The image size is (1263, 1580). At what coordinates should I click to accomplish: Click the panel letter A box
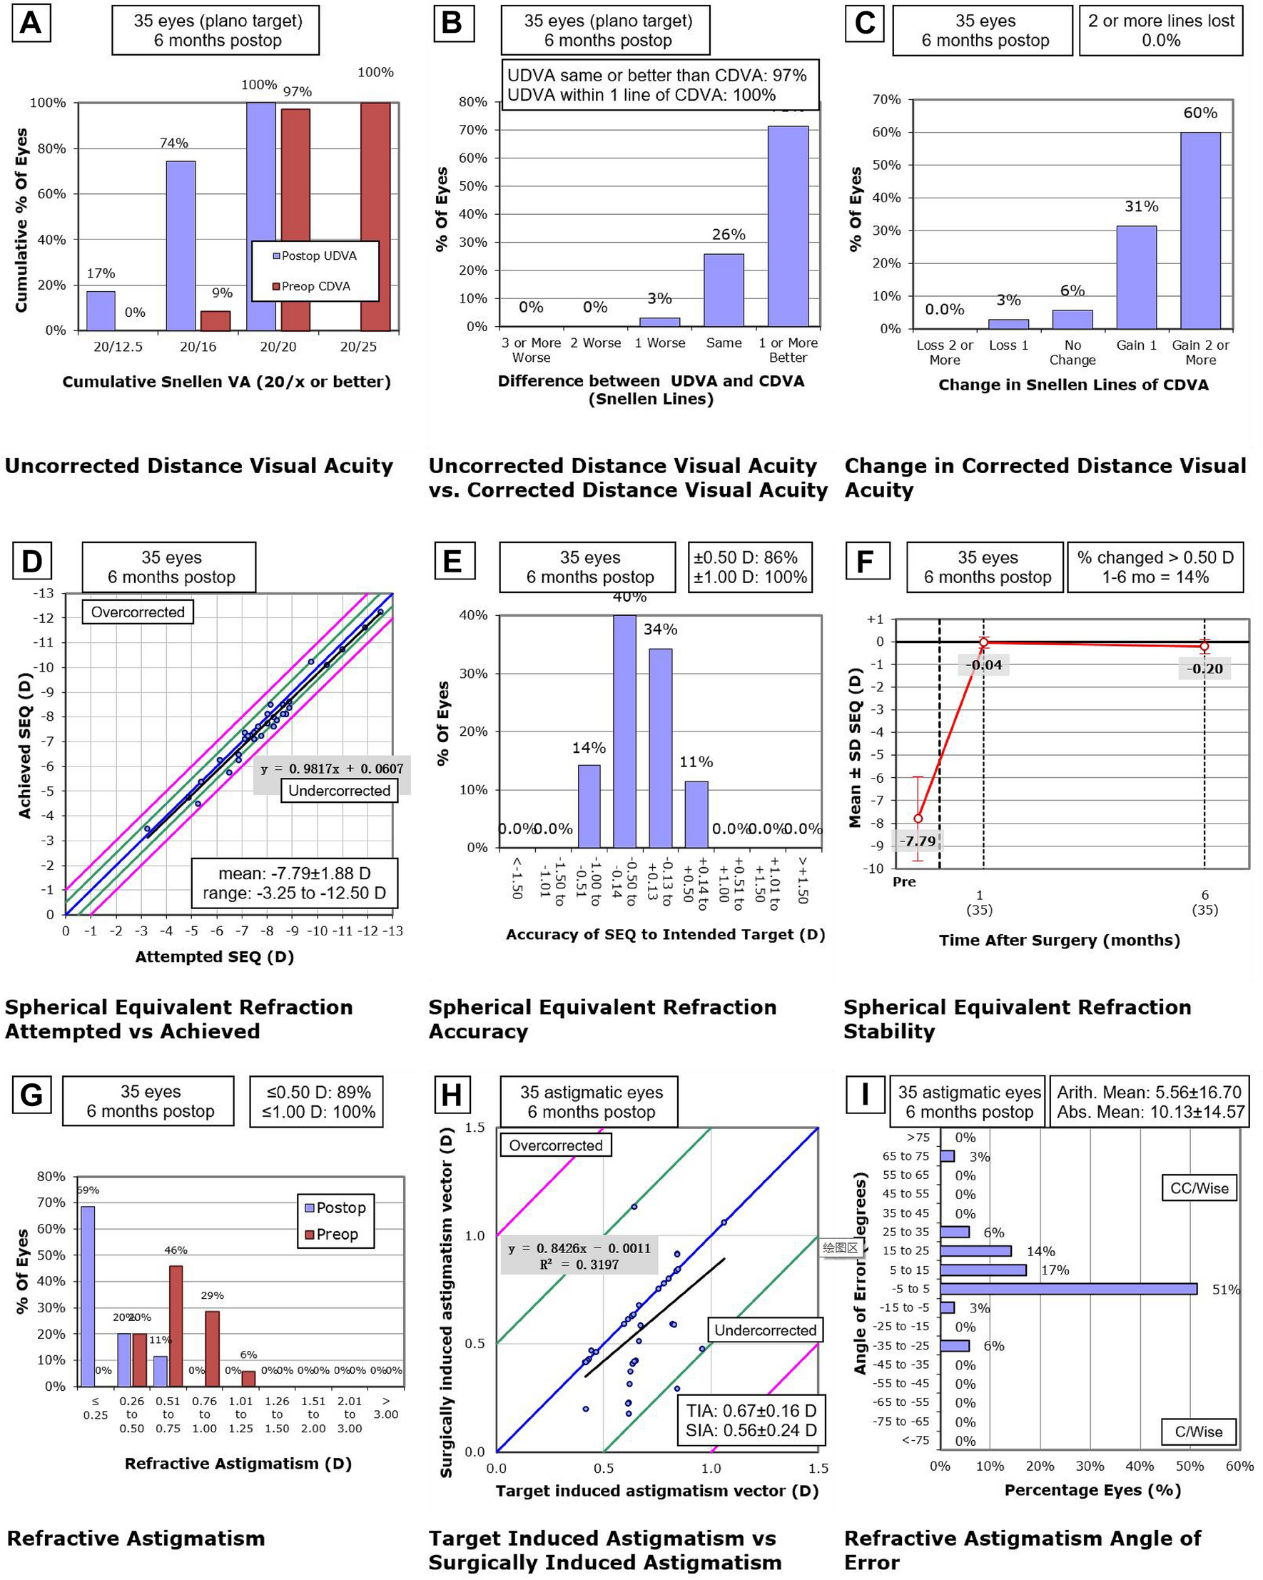click(31, 23)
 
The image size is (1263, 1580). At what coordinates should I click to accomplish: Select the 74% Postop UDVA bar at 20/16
click(181, 245)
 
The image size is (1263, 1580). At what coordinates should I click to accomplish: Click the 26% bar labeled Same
click(723, 290)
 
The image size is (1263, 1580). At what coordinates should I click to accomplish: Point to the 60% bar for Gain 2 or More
click(1199, 230)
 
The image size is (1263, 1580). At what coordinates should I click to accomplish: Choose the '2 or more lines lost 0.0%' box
click(1160, 31)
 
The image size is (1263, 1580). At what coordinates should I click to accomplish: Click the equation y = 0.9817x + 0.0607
click(332, 769)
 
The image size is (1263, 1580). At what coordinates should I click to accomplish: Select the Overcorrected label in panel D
click(138, 612)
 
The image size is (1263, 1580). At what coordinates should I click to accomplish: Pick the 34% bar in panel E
click(660, 747)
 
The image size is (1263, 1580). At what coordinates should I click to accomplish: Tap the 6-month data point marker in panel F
click(1204, 646)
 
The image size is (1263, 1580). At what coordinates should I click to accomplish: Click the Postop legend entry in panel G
click(335, 1207)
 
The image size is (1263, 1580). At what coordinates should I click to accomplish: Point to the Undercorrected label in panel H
click(765, 1330)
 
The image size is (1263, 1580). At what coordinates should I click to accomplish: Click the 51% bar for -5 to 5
click(1067, 1289)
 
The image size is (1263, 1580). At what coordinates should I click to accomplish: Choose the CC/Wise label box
click(1199, 1188)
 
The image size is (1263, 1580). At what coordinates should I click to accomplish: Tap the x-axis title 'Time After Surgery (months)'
click(1059, 941)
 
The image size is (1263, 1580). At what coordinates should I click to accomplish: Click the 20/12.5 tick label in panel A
click(118, 347)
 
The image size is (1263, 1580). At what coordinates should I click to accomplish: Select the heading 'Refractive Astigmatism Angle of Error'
click(1022, 1550)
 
